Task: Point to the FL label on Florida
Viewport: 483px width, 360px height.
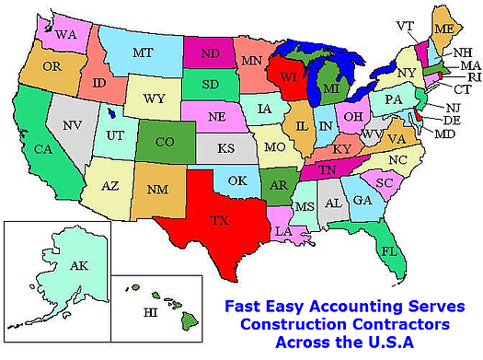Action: [x=389, y=250]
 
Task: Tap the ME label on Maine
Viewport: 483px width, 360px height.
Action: [x=443, y=29]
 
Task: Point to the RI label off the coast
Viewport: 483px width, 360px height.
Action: [x=473, y=77]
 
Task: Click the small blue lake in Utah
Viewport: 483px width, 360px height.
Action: [x=112, y=114]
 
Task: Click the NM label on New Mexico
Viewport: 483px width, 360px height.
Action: [x=155, y=189]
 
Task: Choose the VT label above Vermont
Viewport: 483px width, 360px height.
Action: [x=403, y=25]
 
